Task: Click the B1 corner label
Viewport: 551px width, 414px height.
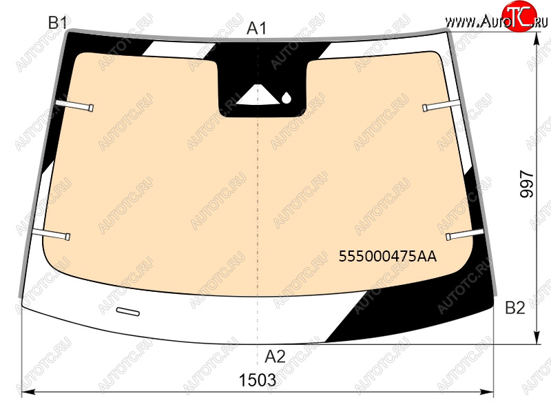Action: click(58, 23)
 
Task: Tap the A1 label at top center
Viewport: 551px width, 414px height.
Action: click(256, 28)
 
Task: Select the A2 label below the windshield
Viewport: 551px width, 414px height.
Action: click(275, 357)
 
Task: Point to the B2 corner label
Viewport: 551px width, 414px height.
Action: click(514, 308)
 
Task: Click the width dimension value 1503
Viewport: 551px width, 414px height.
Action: click(258, 380)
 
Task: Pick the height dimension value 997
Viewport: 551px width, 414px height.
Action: click(527, 184)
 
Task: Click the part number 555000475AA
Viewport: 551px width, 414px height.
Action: click(388, 256)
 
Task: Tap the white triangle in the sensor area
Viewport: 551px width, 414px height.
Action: click(258, 95)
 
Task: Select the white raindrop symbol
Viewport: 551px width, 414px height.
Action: click(287, 98)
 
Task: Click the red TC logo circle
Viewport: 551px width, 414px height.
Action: click(519, 16)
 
